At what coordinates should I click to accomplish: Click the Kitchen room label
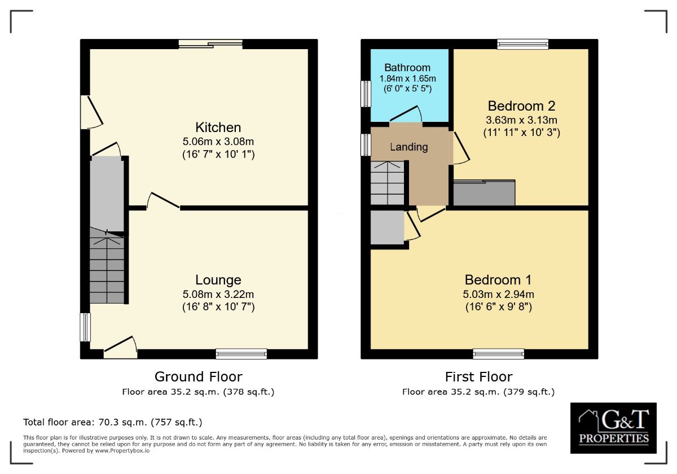click(218, 128)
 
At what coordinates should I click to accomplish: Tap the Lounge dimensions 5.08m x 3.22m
click(218, 294)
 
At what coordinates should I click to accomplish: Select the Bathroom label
click(407, 67)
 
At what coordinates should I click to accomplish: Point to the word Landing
click(408, 147)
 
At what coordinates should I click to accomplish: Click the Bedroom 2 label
click(521, 106)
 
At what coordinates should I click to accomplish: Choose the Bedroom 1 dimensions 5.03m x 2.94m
click(498, 294)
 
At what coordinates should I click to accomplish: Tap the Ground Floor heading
click(198, 377)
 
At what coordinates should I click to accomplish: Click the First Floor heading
click(479, 377)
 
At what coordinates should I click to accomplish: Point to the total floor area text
click(113, 422)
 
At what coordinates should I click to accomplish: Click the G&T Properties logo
click(613, 428)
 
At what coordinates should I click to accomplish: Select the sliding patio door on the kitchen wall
click(210, 44)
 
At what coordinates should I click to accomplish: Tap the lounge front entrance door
click(120, 348)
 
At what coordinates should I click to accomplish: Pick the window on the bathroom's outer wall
click(366, 94)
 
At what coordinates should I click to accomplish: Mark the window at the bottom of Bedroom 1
click(498, 354)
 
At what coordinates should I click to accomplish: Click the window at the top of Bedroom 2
click(522, 44)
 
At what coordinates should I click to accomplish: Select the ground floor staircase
click(107, 265)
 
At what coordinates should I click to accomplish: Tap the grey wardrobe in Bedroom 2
click(484, 193)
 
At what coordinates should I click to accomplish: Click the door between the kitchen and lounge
click(163, 201)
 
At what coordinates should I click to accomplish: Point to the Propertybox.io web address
click(122, 451)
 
